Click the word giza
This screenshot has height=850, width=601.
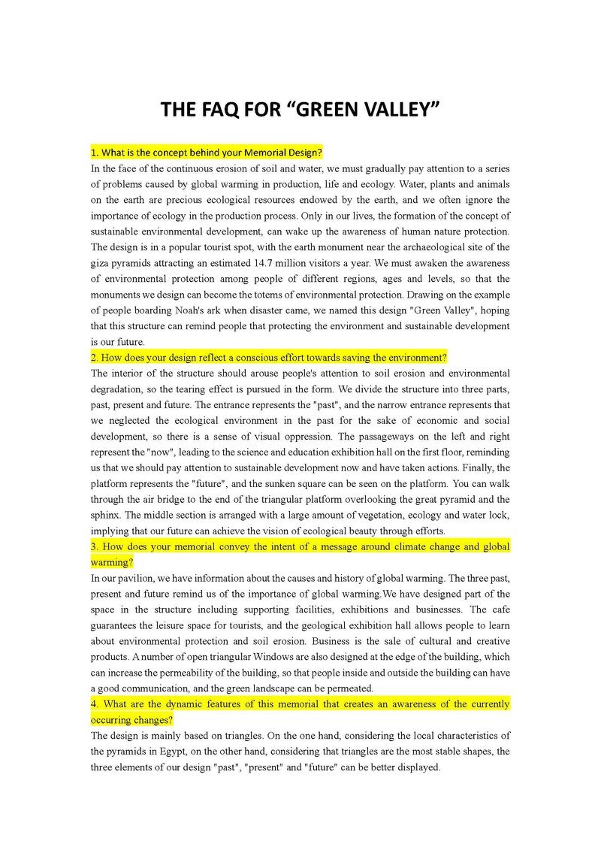tap(101, 263)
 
